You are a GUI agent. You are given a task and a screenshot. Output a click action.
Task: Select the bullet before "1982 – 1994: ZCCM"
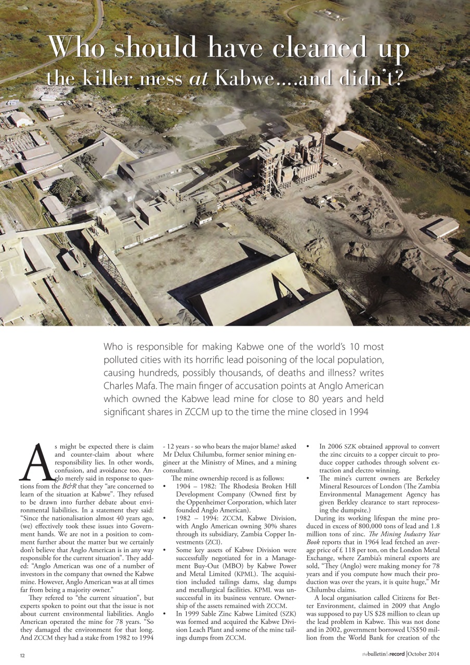point(165,523)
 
